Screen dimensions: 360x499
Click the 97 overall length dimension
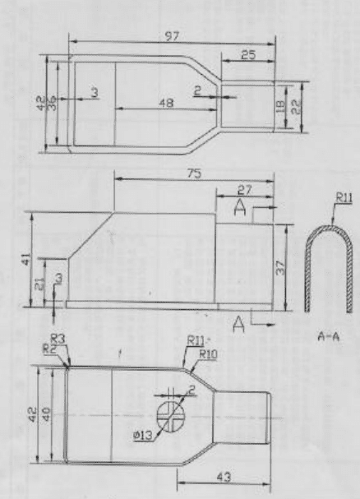coord(172,36)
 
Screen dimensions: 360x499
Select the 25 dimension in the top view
coord(248,55)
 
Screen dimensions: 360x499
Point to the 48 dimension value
coord(166,103)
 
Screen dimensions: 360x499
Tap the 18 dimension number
coord(280,107)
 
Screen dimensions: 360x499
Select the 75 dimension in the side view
coord(194,173)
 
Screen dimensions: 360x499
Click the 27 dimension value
coord(244,190)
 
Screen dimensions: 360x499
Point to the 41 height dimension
coord(27,259)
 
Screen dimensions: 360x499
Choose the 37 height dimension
coord(279,268)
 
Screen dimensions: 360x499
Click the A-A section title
coord(329,336)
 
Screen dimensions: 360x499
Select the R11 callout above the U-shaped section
coord(344,198)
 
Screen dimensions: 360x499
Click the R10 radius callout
coord(208,353)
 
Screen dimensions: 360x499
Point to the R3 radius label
coord(58,340)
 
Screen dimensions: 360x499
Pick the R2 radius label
coord(49,349)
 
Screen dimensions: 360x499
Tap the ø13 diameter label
coord(142,435)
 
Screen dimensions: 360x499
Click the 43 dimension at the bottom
coord(224,477)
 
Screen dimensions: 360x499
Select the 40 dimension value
coord(46,414)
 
